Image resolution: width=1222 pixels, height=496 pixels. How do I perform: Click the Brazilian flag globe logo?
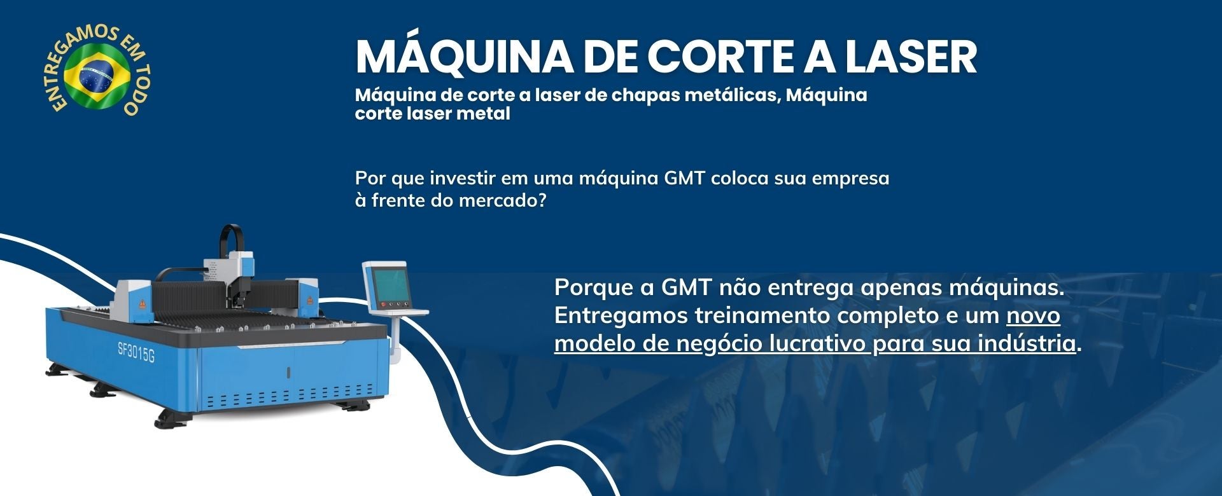(x=97, y=74)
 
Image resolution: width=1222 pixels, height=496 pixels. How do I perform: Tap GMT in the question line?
(x=685, y=178)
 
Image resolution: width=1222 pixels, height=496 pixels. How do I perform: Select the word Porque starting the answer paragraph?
(x=595, y=288)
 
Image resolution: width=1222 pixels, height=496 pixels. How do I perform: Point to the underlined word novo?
(x=1033, y=316)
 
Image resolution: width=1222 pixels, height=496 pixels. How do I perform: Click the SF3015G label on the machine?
(x=136, y=351)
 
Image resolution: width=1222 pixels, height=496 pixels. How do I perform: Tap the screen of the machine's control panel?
(x=389, y=284)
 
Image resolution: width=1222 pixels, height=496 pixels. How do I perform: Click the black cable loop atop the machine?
(x=230, y=241)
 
